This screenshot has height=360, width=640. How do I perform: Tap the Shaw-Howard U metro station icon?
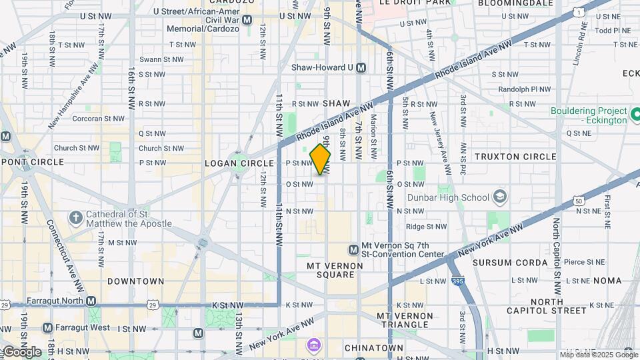tap(361, 67)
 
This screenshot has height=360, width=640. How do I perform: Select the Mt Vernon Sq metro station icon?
tap(353, 249)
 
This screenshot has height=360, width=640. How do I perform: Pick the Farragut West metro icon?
tap(47, 327)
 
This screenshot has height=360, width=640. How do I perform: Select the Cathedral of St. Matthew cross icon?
tap(76, 218)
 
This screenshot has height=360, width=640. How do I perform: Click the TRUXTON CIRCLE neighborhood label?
tap(515, 157)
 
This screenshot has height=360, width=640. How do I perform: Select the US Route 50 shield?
tap(577, 201)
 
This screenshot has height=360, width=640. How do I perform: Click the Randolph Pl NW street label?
tap(525, 89)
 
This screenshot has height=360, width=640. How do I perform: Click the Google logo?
tap(21, 351)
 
